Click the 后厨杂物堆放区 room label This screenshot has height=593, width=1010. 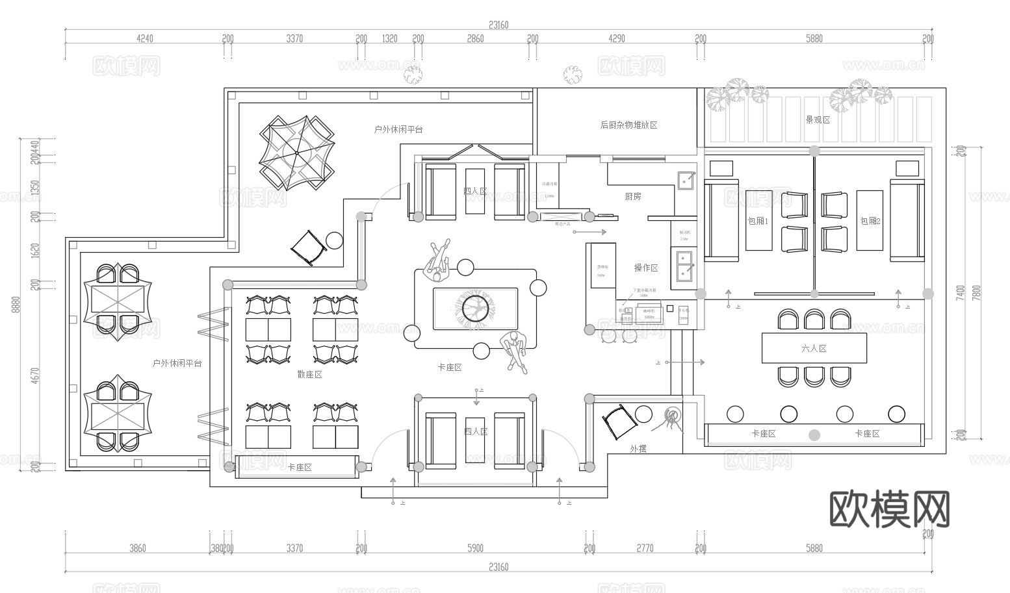tap(628, 125)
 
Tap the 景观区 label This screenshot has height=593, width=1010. tap(818, 120)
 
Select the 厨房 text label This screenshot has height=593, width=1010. tap(633, 196)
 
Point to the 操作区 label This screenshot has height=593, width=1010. tap(646, 268)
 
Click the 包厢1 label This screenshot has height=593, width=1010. tap(758, 221)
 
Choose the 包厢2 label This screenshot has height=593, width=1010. tap(870, 221)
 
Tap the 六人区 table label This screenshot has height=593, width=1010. tap(814, 349)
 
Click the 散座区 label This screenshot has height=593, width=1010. tap(309, 375)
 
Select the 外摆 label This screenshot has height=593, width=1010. tap(638, 449)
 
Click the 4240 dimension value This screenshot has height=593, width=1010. tap(145, 38)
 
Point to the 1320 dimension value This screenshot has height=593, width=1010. tap(389, 38)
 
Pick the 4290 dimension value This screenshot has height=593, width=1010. tap(616, 38)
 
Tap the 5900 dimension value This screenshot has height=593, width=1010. tap(475, 548)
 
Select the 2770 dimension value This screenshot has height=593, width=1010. tap(645, 548)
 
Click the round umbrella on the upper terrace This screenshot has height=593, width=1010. tap(296, 152)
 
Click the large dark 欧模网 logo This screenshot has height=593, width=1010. tap(890, 509)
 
